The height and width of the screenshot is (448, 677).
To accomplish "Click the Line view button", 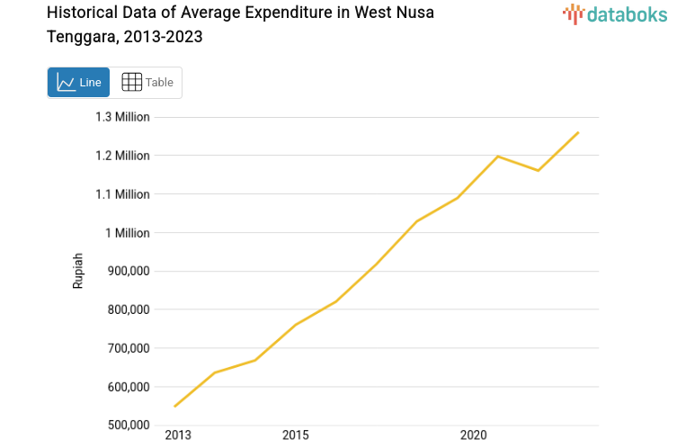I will click(79, 83).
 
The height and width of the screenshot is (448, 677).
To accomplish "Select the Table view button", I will click(147, 83).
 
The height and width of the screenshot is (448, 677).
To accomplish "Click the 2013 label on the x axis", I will click(178, 436).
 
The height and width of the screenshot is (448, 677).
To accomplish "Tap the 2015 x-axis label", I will click(295, 436).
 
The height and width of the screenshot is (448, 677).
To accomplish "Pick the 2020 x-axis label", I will click(474, 436).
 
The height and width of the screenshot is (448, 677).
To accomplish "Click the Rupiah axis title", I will click(78, 270).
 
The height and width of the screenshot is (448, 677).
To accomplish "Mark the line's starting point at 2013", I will click(174, 406).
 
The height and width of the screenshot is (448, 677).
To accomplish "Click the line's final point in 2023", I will click(578, 132).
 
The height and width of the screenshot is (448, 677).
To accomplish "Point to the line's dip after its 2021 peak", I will click(538, 170).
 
